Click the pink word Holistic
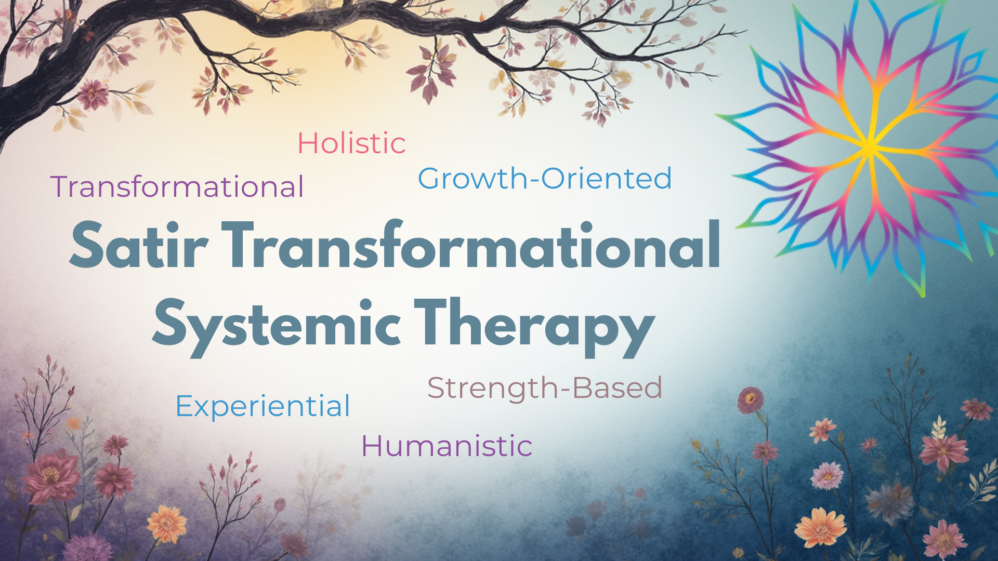tap(351, 143)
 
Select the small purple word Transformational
tap(177, 187)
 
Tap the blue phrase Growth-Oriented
tap(545, 179)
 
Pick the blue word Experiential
tap(263, 406)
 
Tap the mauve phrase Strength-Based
tap(545, 388)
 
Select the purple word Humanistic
tap(447, 446)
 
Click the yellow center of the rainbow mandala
tap(870, 147)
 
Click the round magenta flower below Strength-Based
tap(750, 400)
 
